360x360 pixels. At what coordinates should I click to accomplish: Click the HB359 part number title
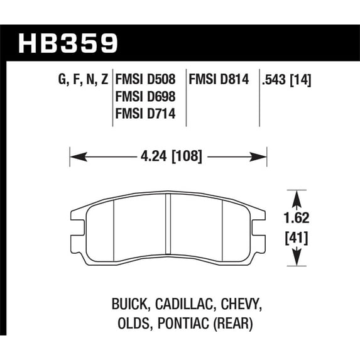[68, 43]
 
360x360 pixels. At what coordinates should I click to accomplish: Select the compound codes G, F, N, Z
[83, 79]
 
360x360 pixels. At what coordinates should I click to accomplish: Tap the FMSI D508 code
[145, 79]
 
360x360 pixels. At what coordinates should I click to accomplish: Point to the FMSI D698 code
[145, 96]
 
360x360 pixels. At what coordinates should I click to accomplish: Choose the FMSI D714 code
[145, 114]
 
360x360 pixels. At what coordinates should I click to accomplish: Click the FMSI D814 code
[219, 79]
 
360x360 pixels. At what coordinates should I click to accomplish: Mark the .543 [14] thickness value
[286, 80]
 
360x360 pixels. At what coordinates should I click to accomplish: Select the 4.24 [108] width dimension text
[172, 156]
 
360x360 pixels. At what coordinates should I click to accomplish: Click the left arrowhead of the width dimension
[79, 157]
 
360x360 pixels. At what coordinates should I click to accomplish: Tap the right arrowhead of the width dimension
[258, 157]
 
